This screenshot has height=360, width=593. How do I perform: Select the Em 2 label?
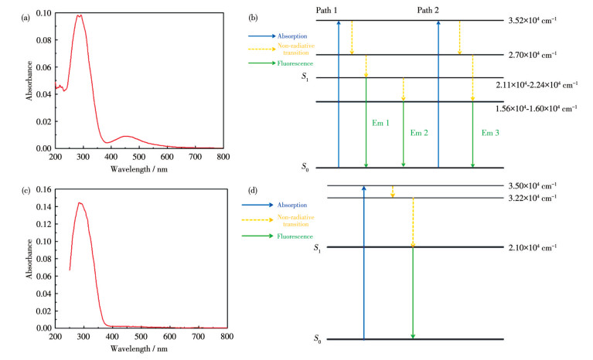tap(418, 133)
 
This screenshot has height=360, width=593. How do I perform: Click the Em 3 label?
tap(490, 133)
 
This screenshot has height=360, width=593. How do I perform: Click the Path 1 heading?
tap(328, 9)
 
